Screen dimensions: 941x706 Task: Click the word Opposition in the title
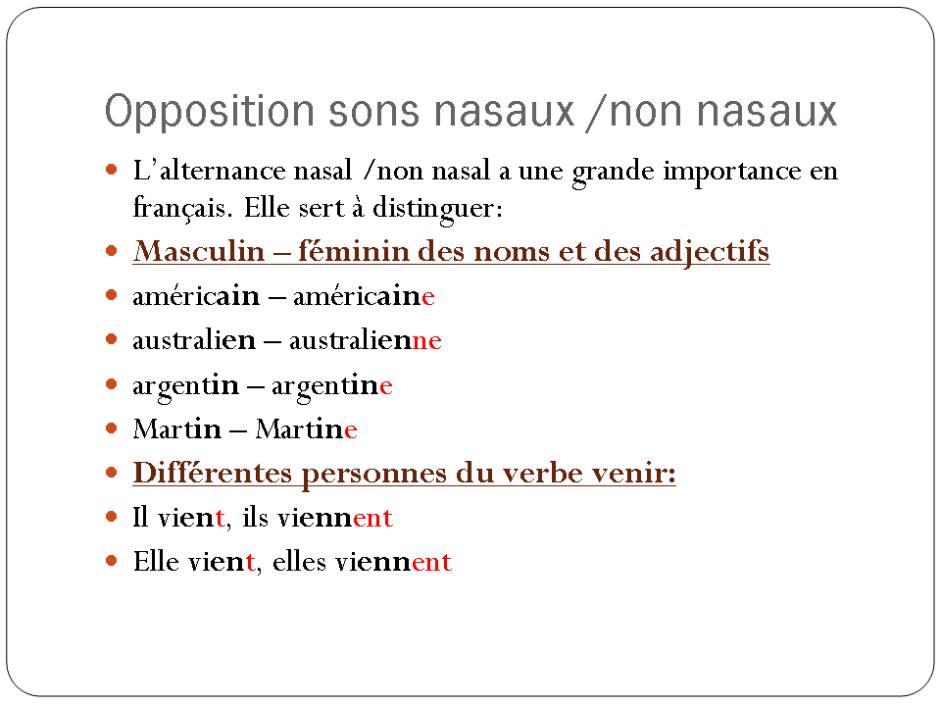click(x=210, y=112)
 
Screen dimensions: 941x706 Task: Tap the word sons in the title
click(x=373, y=112)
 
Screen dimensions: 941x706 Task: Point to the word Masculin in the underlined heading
click(x=199, y=251)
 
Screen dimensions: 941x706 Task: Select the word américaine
click(x=364, y=296)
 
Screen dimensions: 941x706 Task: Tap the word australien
click(x=194, y=340)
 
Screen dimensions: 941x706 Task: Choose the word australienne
click(x=366, y=340)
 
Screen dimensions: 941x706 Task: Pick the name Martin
click(x=177, y=429)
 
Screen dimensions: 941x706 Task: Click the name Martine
click(x=306, y=429)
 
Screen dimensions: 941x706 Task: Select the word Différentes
click(x=213, y=473)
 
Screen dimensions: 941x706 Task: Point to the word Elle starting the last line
click(x=156, y=561)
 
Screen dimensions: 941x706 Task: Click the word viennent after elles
click(x=393, y=562)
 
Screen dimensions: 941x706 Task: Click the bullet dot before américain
click(x=111, y=295)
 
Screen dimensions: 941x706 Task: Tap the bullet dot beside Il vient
click(x=111, y=517)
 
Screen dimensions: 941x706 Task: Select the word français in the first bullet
click(x=179, y=209)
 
